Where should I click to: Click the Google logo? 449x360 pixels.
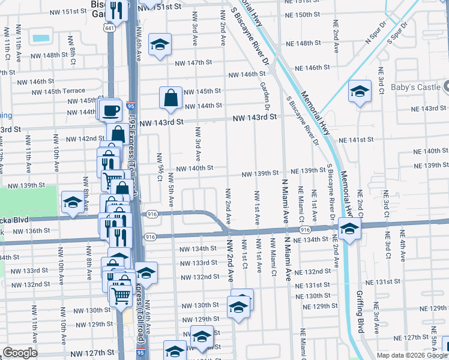(20, 352)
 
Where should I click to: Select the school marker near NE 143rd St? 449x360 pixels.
(360, 91)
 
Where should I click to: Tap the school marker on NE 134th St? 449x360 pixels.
(349, 229)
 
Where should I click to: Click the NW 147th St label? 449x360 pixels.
(193, 62)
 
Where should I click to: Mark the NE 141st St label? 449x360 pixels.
(356, 139)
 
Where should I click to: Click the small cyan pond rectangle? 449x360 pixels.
(41, 38)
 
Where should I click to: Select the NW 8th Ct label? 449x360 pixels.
(71, 53)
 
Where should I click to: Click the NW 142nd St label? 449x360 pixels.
(85, 139)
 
